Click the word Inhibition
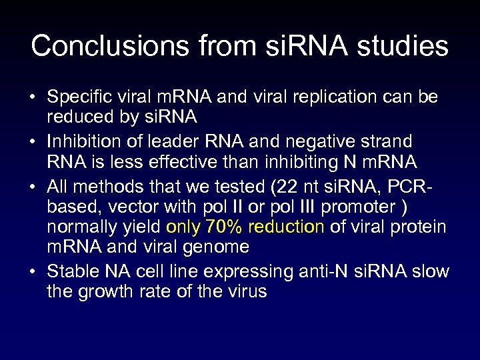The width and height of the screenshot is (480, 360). click(x=79, y=141)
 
